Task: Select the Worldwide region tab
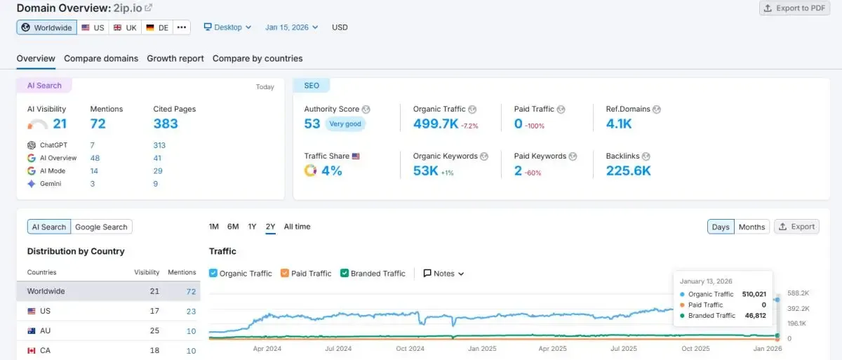(46, 27)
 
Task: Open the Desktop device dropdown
(227, 27)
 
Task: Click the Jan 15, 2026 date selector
(291, 27)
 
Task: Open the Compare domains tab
(101, 58)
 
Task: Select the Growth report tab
(175, 58)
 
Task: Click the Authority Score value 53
(312, 124)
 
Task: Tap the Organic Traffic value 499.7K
(435, 124)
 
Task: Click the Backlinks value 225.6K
(628, 171)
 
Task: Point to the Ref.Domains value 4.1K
(619, 124)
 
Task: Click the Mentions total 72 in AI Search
(98, 124)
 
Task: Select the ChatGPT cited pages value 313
(159, 145)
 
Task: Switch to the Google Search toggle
(101, 227)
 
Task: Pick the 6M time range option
(233, 227)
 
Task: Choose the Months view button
(751, 227)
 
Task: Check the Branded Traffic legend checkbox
(345, 274)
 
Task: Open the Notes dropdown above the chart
(443, 274)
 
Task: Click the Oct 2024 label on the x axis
(410, 349)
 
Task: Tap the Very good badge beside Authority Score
(345, 124)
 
